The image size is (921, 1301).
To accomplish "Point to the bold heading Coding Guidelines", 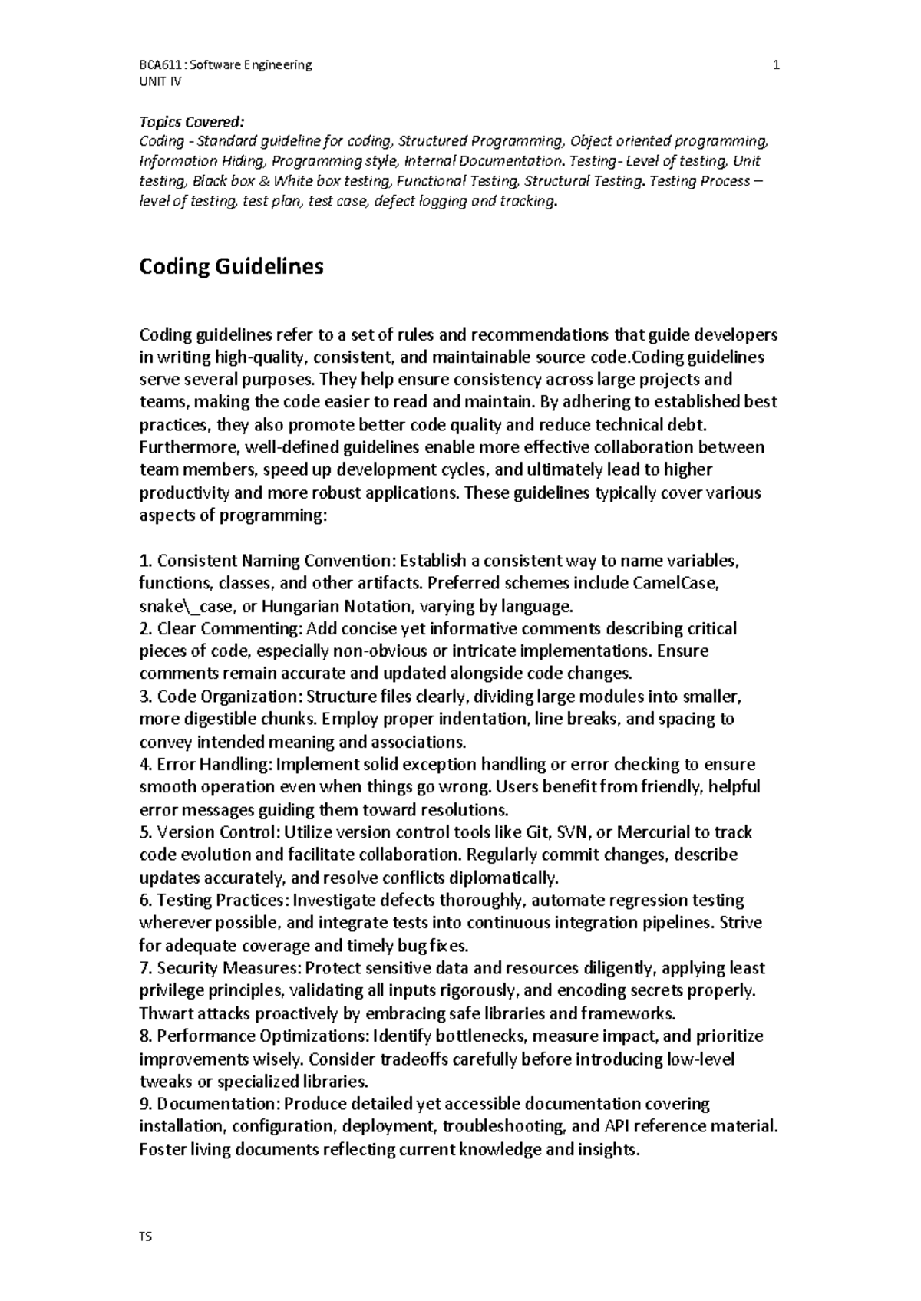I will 231,267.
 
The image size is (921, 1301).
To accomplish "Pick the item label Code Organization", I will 227,697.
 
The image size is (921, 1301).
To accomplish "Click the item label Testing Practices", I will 222,900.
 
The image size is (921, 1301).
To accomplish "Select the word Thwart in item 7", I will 163,1013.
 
